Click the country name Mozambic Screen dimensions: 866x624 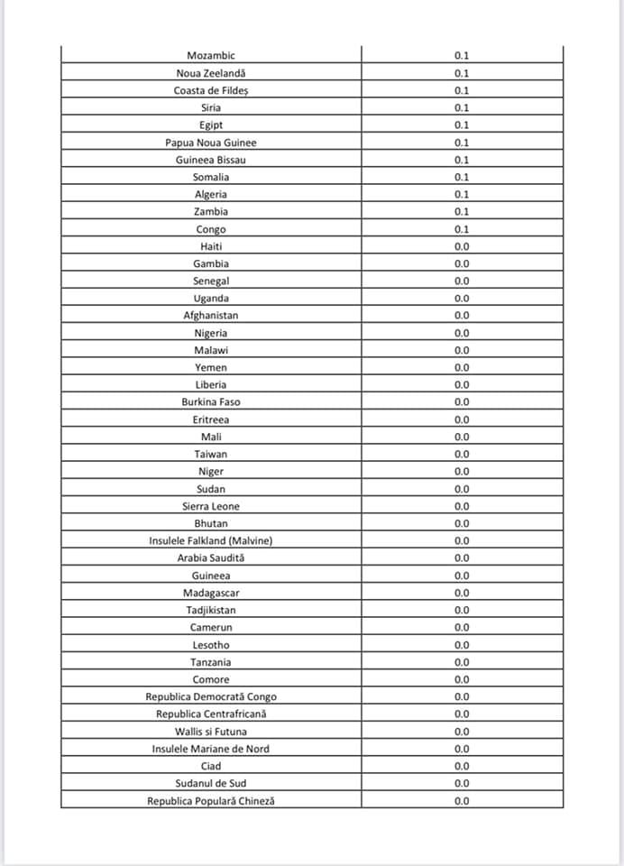coord(210,56)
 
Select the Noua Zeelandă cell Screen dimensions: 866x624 coord(210,73)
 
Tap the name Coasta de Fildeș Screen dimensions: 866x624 coord(210,90)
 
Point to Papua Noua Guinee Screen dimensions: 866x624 coord(210,143)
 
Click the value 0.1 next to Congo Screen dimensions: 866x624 coord(462,229)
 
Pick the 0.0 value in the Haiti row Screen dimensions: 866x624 coord(462,246)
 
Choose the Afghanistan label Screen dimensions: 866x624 coord(210,316)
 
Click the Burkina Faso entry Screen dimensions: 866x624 coord(210,402)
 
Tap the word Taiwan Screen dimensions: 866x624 coord(210,455)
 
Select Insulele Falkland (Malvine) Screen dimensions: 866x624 coord(210,541)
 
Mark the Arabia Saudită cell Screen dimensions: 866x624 coord(210,558)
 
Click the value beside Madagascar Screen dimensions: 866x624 coord(462,593)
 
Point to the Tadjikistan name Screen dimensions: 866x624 coord(210,610)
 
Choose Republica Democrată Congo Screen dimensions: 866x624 coord(210,696)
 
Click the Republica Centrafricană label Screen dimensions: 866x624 coord(210,714)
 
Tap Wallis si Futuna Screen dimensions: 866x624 coord(210,732)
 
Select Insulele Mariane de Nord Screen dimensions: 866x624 coord(210,749)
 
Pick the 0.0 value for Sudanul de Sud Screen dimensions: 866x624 coord(462,783)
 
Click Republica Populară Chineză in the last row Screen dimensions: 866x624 coord(210,801)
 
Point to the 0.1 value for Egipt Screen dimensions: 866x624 coord(462,125)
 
